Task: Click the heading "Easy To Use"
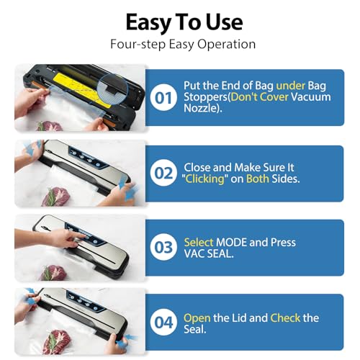point(184,22)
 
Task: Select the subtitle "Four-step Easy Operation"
point(183,45)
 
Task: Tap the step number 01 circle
point(163,97)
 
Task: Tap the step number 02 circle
point(163,173)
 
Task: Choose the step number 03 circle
point(163,247)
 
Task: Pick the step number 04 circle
point(163,322)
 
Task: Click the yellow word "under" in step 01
point(290,86)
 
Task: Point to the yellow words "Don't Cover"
point(260,97)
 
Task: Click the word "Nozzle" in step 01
point(201,108)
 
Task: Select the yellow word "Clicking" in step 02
point(204,179)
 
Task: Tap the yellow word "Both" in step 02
point(258,179)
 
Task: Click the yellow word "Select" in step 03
point(199,243)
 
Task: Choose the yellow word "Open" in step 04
point(197,318)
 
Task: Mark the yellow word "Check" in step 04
point(285,318)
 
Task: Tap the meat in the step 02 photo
point(56,197)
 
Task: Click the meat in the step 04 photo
point(57,341)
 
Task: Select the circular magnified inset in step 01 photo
point(113,89)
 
